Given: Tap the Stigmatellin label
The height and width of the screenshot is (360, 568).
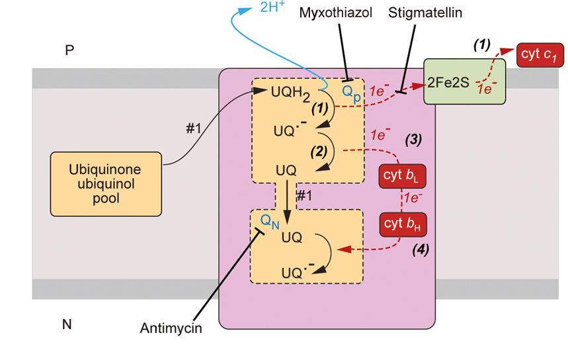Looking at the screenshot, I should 415,13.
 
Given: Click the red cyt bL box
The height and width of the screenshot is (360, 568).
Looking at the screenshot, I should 401,177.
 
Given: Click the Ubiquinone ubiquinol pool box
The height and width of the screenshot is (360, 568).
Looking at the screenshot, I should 105,184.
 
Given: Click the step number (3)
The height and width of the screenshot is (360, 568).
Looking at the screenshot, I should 413,140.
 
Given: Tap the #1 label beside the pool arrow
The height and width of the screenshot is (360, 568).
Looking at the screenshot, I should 192,129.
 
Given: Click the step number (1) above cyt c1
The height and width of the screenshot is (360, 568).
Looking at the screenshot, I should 481,44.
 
